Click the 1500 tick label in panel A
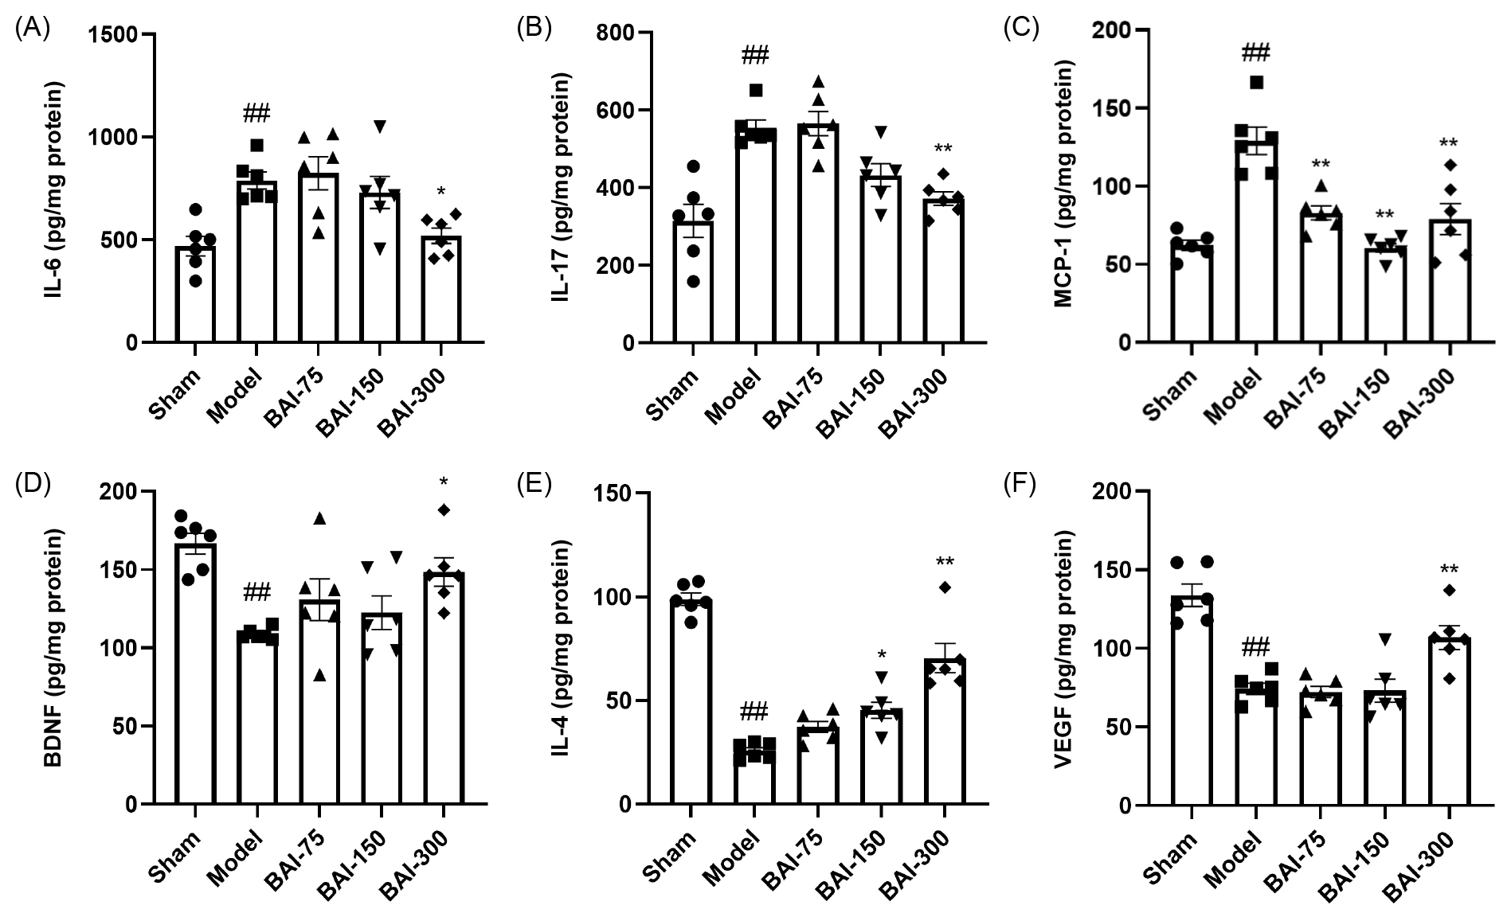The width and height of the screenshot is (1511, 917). (x=114, y=35)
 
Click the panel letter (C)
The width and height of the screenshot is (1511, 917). (x=1020, y=28)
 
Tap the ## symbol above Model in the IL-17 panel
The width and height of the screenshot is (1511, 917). (x=755, y=56)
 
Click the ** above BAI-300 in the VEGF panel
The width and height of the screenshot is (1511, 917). (x=1449, y=570)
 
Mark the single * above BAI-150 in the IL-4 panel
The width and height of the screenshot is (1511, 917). (x=881, y=655)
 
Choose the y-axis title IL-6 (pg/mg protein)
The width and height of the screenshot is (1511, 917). (x=55, y=189)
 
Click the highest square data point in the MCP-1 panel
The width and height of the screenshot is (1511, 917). (x=1256, y=82)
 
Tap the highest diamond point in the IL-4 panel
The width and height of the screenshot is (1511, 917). (x=945, y=587)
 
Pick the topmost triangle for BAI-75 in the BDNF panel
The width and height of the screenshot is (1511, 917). (x=319, y=518)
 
